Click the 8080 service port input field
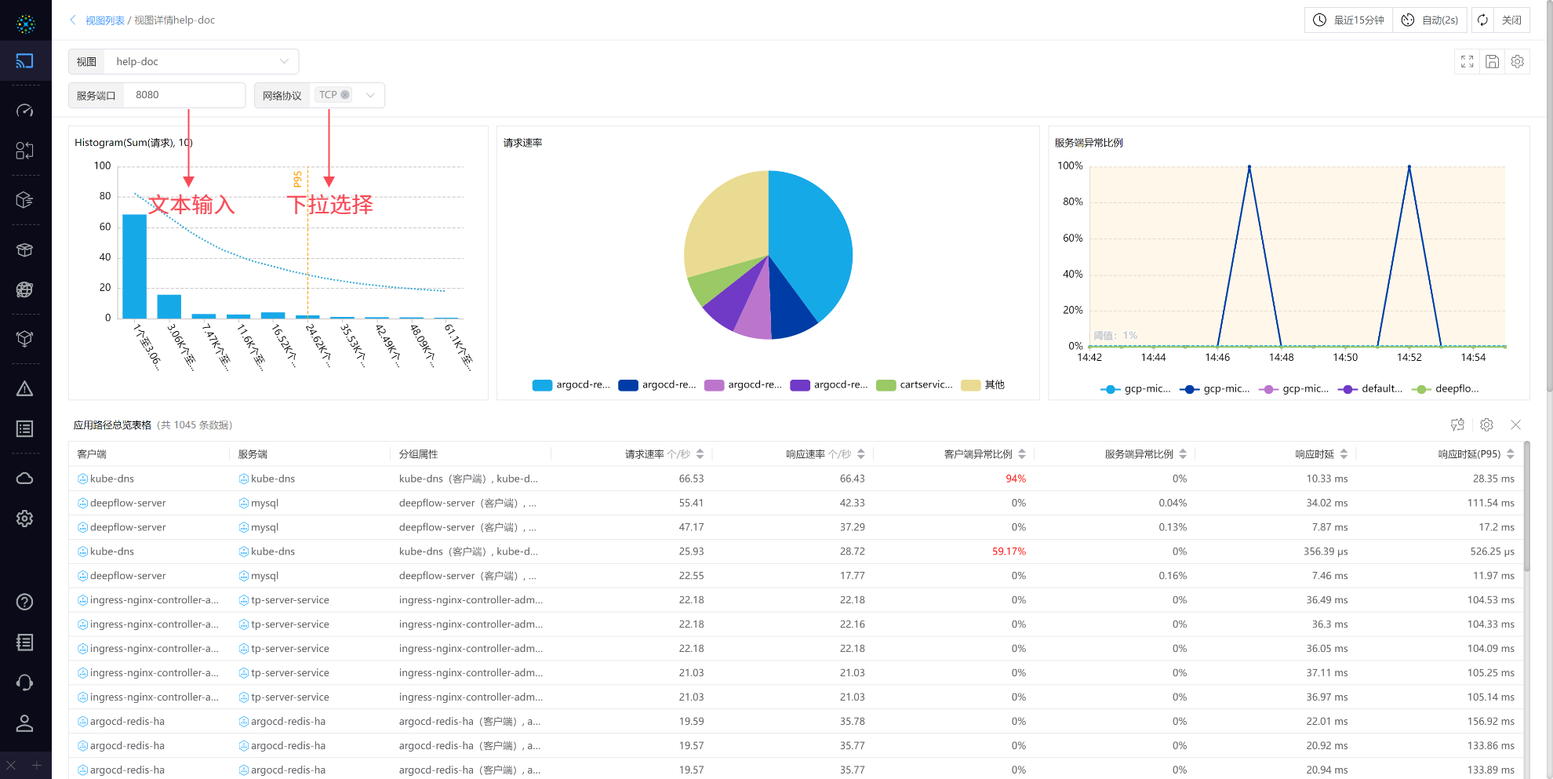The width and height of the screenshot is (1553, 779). click(185, 95)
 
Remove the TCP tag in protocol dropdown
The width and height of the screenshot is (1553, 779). click(345, 95)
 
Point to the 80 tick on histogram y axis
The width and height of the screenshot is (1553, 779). click(105, 196)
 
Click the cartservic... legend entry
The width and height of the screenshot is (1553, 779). click(915, 385)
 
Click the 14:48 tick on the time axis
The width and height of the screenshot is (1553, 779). click(1282, 358)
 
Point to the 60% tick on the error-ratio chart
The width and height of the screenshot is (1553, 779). click(1072, 238)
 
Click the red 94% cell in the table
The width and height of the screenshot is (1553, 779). click(1015, 479)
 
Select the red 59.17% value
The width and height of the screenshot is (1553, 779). click(1009, 551)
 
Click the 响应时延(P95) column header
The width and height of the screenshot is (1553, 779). click(1468, 454)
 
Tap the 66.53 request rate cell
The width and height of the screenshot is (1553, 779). click(691, 479)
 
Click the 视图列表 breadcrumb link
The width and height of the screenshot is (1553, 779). click(105, 20)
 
